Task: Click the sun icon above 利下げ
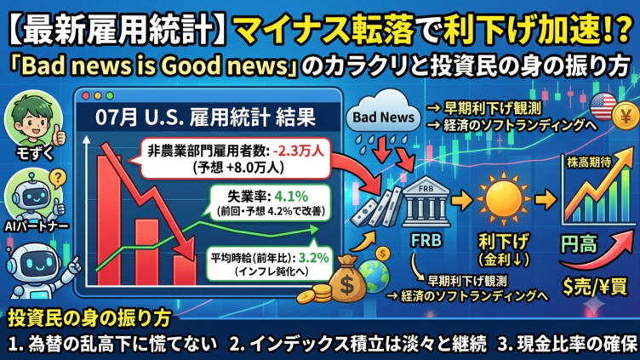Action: click(x=503, y=199)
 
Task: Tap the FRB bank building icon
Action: click(x=426, y=202)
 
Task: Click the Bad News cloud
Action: click(x=383, y=112)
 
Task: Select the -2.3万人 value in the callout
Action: click(x=299, y=151)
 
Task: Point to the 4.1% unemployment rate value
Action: click(x=291, y=197)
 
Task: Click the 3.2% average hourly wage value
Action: click(x=313, y=258)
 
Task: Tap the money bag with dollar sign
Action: click(x=347, y=277)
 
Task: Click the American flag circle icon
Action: click(x=603, y=106)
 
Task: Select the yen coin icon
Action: click(x=626, y=117)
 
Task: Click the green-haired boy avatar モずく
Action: click(x=33, y=119)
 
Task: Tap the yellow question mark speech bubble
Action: click(x=58, y=179)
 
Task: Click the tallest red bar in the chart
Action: click(x=109, y=220)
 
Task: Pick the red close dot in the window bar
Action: click(x=86, y=96)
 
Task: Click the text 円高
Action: click(x=579, y=244)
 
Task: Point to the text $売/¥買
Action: click(x=595, y=287)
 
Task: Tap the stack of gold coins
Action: click(x=314, y=294)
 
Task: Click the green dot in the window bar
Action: click(x=110, y=96)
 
